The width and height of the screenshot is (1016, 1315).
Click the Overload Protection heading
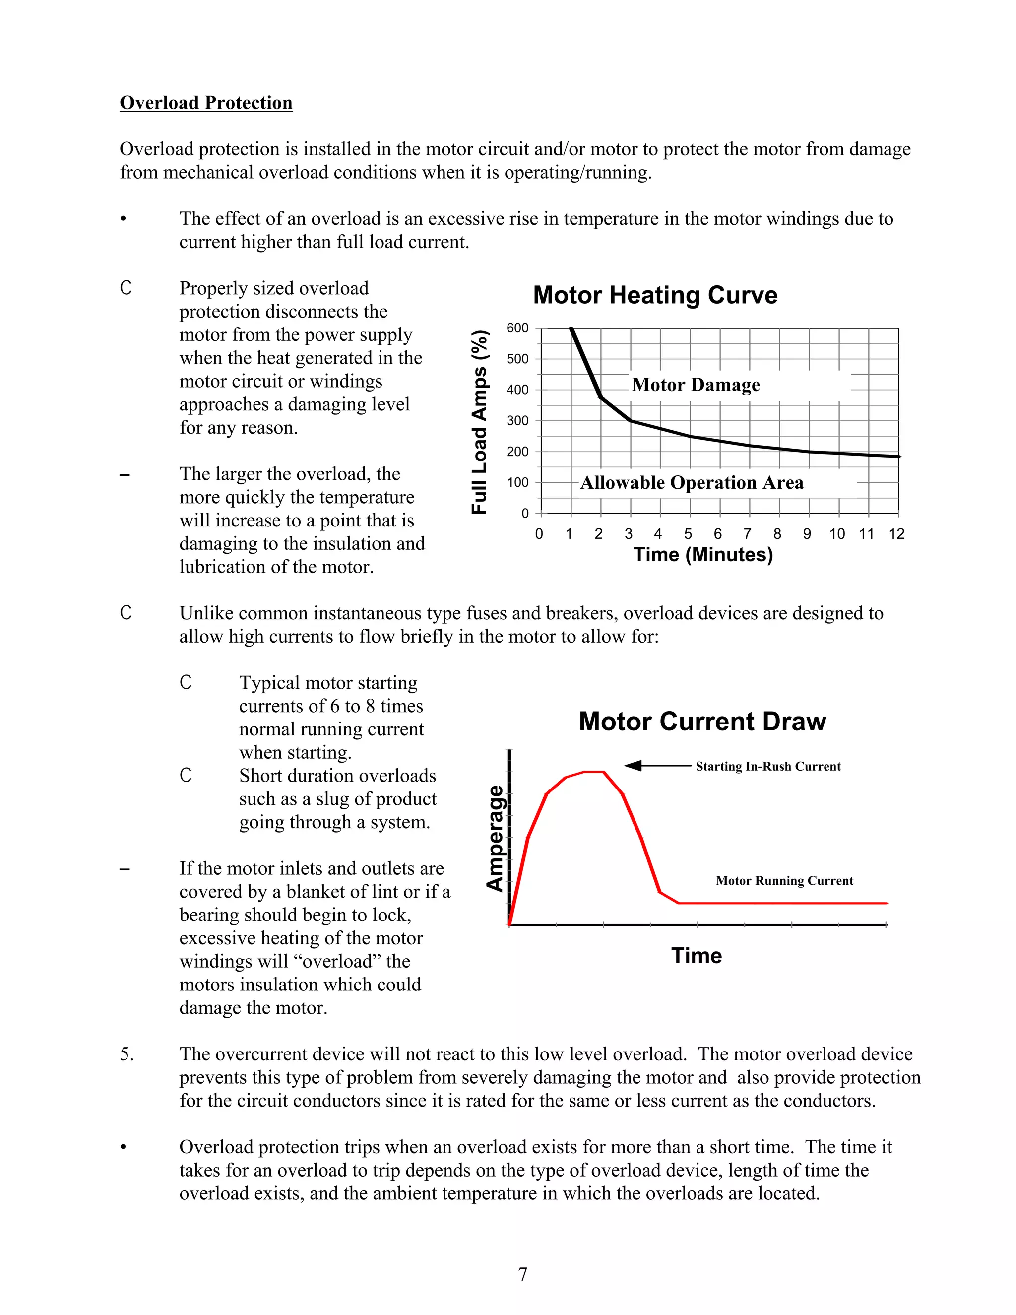pos(206,103)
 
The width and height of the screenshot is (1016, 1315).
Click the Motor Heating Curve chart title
pos(655,295)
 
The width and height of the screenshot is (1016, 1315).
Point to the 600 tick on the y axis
pos(517,328)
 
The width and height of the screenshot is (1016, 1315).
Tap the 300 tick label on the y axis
pos(517,421)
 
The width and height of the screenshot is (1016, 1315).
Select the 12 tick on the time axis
pos(896,534)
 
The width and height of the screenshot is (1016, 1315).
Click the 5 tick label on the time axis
pos(688,534)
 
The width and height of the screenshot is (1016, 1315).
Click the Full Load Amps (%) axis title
pos(479,421)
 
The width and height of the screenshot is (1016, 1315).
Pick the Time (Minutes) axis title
pos(702,555)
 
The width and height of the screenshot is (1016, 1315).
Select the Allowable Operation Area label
pos(692,483)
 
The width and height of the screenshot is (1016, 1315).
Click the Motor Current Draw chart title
pos(702,722)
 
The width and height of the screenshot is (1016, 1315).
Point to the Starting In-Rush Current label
pos(768,767)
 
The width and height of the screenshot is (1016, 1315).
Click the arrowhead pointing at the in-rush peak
pos(632,766)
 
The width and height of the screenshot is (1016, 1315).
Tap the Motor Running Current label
pos(784,881)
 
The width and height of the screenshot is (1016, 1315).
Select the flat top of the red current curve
pos(593,771)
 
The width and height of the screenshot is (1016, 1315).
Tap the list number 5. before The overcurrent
pos(127,1054)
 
